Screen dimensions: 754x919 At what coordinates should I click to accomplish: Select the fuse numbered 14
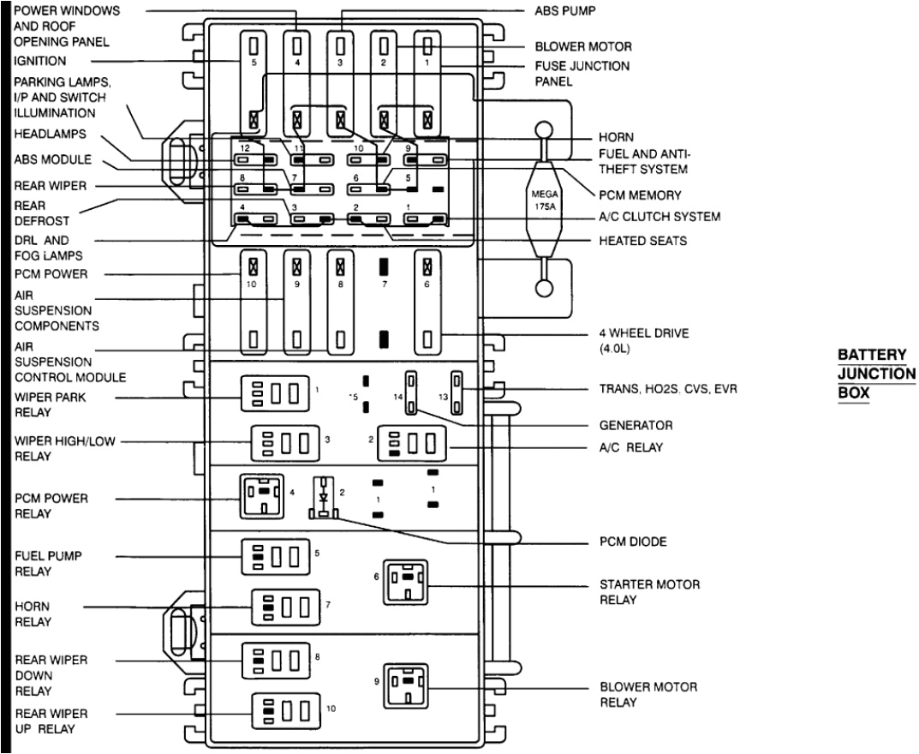pyautogui.click(x=412, y=393)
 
